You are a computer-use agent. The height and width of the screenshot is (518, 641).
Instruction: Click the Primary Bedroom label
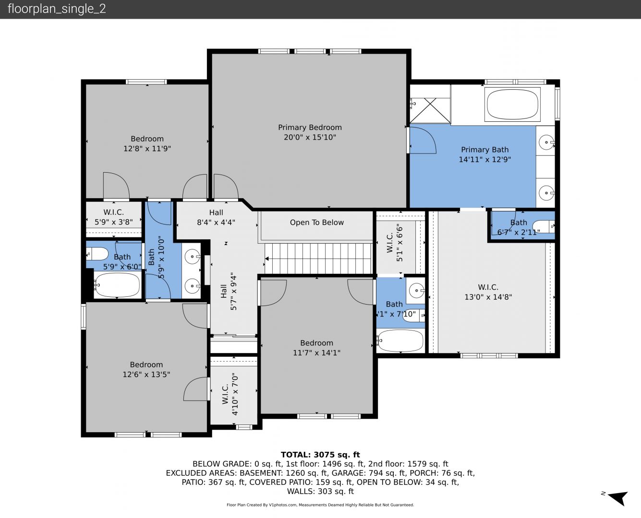point(310,128)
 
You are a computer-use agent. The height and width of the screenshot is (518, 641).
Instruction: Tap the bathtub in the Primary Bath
point(512,105)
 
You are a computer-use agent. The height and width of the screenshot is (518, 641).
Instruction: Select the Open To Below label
point(316,223)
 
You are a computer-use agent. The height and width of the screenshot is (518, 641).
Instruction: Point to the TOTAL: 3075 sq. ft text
point(320,455)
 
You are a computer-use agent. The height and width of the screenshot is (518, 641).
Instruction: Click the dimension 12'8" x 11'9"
point(147,149)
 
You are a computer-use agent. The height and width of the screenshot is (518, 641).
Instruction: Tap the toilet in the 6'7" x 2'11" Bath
point(544,226)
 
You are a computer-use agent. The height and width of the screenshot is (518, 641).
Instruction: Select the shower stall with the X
point(430,110)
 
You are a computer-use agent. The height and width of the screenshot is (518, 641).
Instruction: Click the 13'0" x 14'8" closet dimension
point(488,297)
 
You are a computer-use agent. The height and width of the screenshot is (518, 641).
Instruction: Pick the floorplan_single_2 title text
point(57,9)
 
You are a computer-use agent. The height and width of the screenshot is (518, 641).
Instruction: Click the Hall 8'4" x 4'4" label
point(216,217)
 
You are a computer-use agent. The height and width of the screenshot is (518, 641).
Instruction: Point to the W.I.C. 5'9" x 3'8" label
point(114,217)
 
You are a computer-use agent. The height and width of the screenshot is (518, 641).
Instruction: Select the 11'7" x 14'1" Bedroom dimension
point(316,353)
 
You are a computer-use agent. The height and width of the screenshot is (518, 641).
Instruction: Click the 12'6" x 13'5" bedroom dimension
point(146,374)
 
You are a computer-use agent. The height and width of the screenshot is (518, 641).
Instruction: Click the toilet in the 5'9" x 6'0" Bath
point(97,254)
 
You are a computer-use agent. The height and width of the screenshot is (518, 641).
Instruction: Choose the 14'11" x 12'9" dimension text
point(485,159)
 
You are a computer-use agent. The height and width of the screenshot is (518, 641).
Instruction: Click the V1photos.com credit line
point(320,505)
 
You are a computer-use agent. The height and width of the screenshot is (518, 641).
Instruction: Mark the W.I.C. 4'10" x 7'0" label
point(230,394)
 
